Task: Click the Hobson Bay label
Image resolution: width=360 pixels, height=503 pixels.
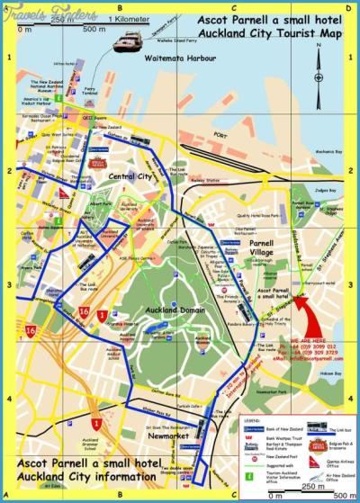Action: pyautogui.click(x=330, y=370)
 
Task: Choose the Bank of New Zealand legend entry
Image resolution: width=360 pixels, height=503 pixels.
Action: pyautogui.click(x=271, y=426)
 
